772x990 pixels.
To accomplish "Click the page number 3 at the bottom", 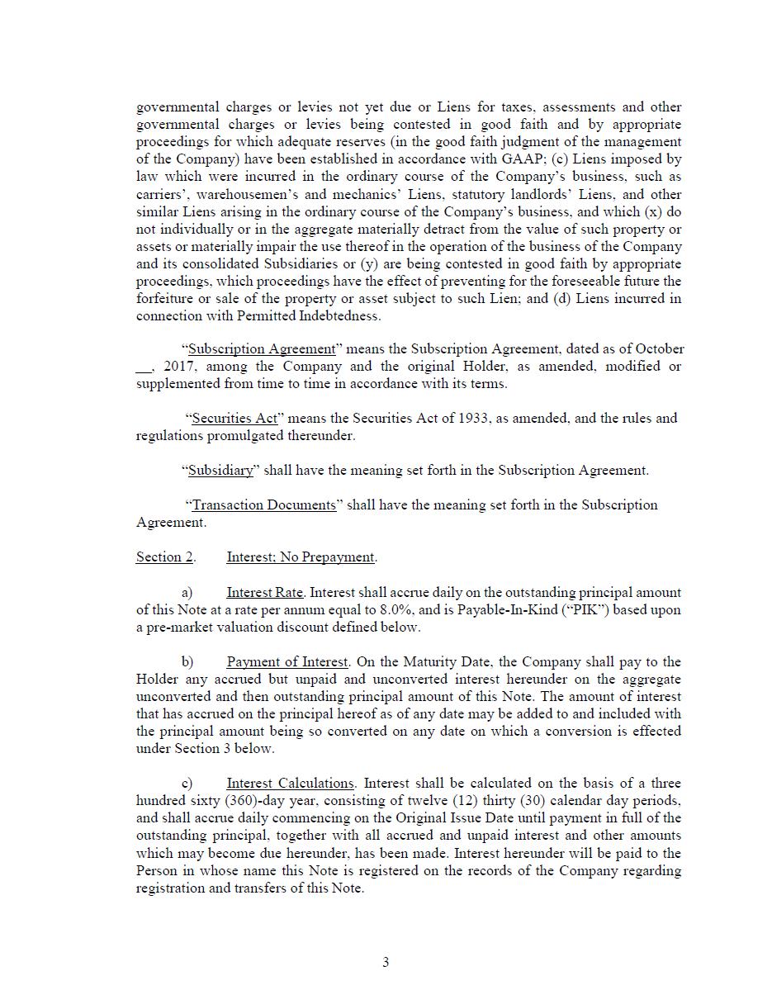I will pyautogui.click(x=386, y=962).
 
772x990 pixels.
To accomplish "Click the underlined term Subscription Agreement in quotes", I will pyautogui.click(x=262, y=349).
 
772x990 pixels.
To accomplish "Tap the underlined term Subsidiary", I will pyautogui.click(x=220, y=471).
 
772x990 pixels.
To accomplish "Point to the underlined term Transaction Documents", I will pyautogui.click(x=263, y=505).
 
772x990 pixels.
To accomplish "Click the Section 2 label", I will pyautogui.click(x=164, y=557).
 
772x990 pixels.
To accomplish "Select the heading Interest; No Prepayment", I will pyautogui.click(x=301, y=557).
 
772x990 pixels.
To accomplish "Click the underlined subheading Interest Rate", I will pyautogui.click(x=265, y=593).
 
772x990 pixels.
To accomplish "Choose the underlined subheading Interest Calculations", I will pyautogui.click(x=291, y=784).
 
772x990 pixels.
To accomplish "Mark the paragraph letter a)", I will pyautogui.click(x=187, y=593).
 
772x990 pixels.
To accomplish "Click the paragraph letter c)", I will pyautogui.click(x=187, y=784).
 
